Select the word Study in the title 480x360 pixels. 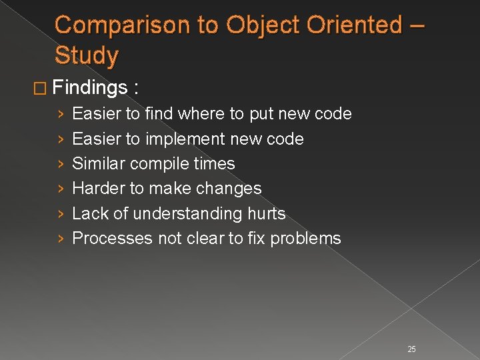point(87,55)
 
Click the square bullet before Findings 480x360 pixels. point(42,89)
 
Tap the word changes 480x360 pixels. point(228,189)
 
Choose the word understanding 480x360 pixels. point(188,213)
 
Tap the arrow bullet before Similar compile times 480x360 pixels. point(61,164)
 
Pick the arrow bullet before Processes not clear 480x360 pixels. point(61,239)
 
